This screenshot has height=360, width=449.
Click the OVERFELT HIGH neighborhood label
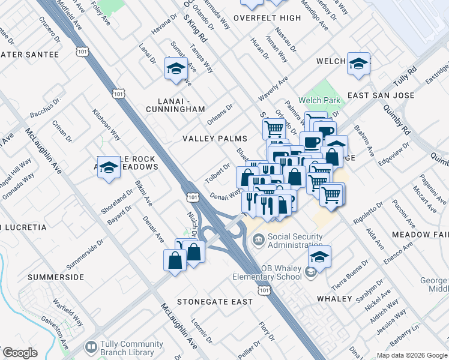[x=267, y=18]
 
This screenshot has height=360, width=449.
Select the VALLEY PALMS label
[x=215, y=139]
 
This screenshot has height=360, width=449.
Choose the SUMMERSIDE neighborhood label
[x=55, y=278]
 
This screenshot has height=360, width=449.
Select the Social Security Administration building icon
[x=258, y=241]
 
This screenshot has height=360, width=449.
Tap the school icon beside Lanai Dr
[x=176, y=69]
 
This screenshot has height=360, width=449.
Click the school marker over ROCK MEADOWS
[x=109, y=168]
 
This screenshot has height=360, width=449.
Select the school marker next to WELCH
[x=358, y=64]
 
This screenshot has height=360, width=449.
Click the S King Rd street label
[x=196, y=30]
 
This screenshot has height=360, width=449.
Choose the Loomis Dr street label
[x=201, y=334]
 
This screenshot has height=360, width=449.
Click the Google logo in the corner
[x=20, y=352]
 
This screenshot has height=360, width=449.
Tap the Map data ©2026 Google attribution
[x=411, y=355]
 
